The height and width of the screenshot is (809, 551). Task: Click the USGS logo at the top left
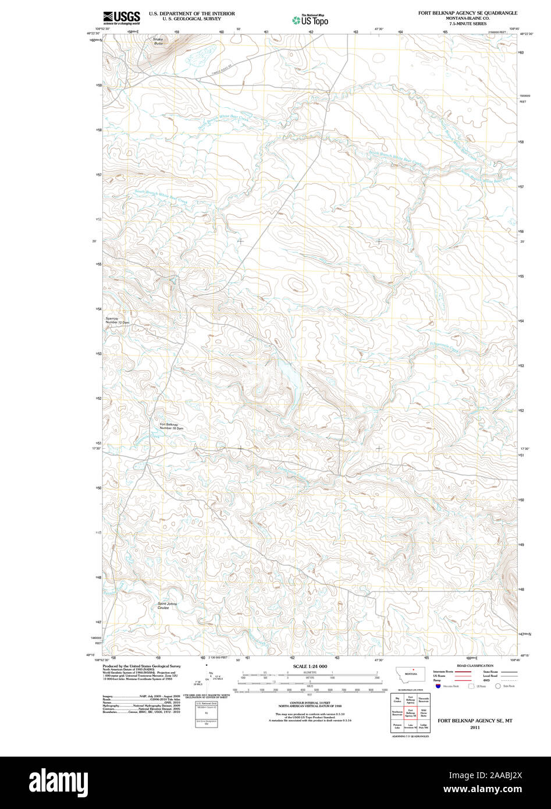pyautogui.click(x=121, y=17)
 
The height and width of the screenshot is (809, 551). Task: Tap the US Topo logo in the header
pyautogui.click(x=310, y=20)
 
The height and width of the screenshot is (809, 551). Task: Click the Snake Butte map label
pyautogui.click(x=159, y=41)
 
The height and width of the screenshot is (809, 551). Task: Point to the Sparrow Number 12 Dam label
pyautogui.click(x=117, y=320)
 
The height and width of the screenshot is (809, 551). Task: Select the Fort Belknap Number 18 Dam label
pyautogui.click(x=171, y=426)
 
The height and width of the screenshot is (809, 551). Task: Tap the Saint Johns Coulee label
pyautogui.click(x=167, y=605)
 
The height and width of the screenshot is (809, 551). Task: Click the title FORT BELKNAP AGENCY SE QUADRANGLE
pyautogui.click(x=467, y=13)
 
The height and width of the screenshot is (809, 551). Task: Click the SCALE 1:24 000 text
pyautogui.click(x=310, y=666)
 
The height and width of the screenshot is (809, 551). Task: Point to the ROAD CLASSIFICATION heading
pyautogui.click(x=475, y=666)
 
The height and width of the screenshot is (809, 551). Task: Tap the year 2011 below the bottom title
pyautogui.click(x=475, y=727)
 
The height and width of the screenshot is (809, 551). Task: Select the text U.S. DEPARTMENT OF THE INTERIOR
pyautogui.click(x=191, y=13)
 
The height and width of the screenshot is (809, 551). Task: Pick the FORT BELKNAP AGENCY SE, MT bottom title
pyautogui.click(x=475, y=721)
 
